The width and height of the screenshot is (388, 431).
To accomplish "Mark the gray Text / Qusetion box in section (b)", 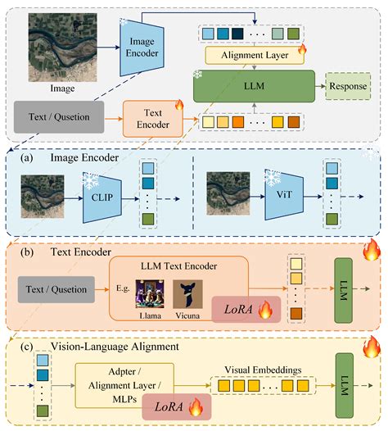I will pyautogui.click(x=56, y=288).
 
